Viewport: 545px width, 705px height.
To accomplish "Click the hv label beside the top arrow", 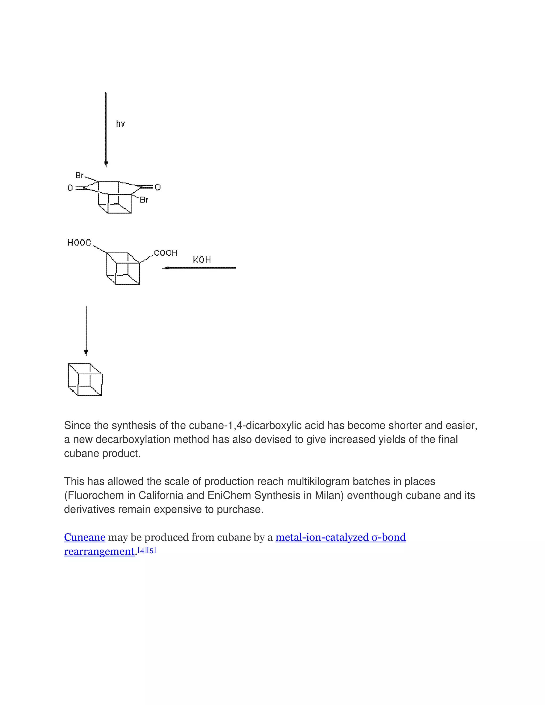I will click(121, 124).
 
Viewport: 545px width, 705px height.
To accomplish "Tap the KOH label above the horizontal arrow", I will click(202, 260).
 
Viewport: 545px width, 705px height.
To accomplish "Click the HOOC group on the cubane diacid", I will click(79, 242).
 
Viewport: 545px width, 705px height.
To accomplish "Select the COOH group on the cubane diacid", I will click(166, 253).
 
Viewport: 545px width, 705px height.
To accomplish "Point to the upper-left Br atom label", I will click(79, 175).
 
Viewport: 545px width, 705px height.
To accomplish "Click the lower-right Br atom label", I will click(144, 200).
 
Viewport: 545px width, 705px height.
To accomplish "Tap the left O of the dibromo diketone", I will click(70, 188).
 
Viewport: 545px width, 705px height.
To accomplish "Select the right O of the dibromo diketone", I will click(158, 187).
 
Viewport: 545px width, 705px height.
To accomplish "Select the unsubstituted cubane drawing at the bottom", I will click(85, 380).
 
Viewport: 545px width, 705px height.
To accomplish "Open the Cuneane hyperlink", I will click(85, 537).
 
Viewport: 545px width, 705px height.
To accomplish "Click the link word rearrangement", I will click(99, 551).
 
